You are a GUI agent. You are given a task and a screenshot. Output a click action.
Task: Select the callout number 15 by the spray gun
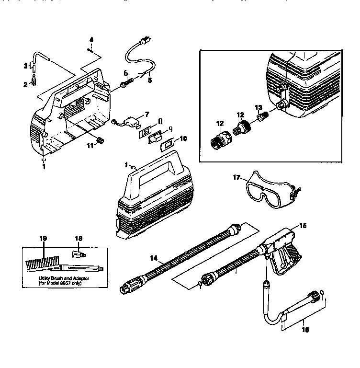point(303,225)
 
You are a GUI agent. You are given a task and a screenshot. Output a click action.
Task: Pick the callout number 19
point(44,238)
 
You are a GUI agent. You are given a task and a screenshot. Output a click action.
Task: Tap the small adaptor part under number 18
point(77,252)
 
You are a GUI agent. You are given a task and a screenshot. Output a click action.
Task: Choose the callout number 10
point(170,138)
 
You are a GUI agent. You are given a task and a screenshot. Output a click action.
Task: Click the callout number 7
point(147,114)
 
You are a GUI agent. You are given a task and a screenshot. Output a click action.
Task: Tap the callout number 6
point(126,73)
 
